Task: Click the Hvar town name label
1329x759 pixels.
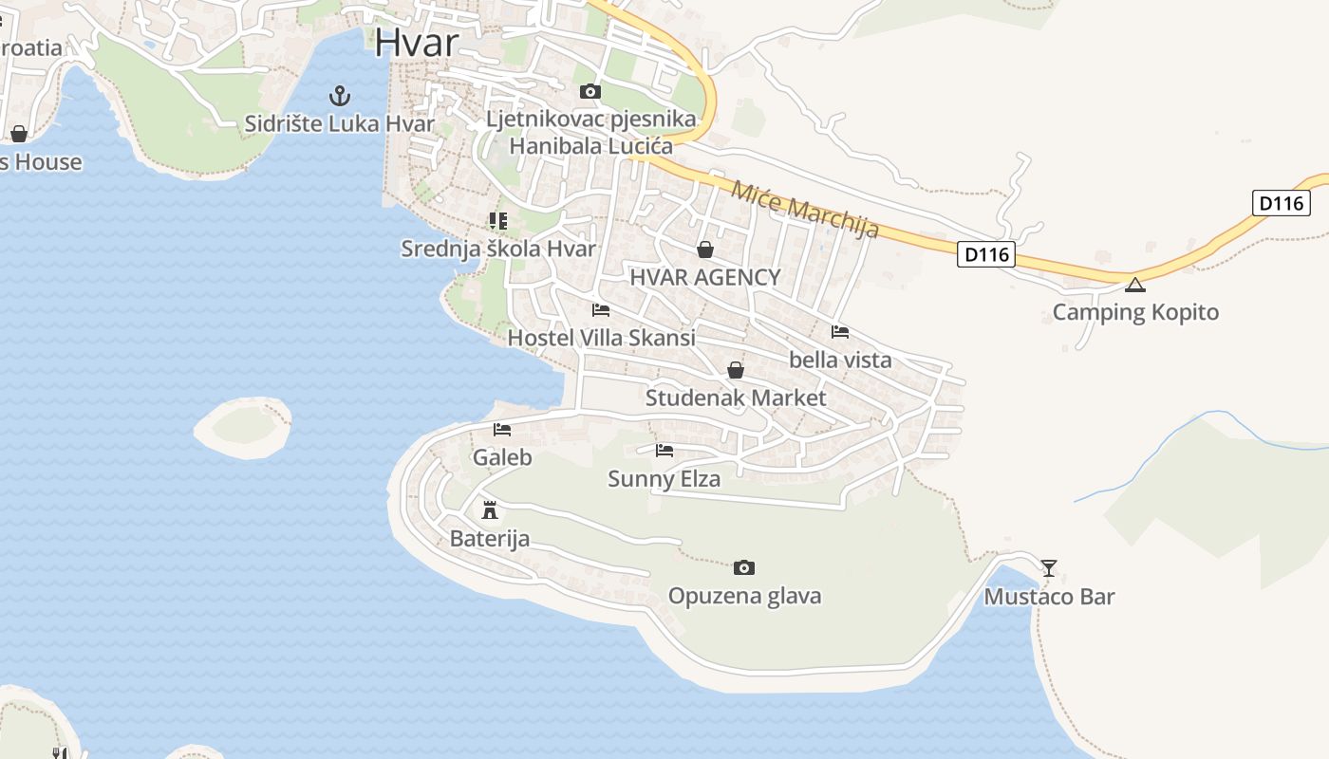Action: (417, 42)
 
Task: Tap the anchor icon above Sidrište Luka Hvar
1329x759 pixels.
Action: (339, 96)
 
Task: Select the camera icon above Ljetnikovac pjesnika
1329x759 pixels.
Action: (590, 92)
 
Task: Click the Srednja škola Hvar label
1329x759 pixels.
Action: (498, 249)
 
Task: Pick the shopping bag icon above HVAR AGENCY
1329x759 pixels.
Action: (705, 250)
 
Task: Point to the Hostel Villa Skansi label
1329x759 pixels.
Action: (601, 338)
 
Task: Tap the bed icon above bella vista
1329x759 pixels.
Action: (840, 332)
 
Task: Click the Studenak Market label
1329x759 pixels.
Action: (736, 398)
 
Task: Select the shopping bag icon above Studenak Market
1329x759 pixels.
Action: (736, 370)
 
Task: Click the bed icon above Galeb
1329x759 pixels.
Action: (502, 430)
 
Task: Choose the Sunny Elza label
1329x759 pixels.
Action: (664, 479)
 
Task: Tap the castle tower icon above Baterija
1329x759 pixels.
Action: (490, 510)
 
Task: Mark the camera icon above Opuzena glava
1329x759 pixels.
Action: (744, 567)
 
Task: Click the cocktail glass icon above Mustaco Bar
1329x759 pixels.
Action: (1048, 568)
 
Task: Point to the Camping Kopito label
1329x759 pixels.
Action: (1135, 312)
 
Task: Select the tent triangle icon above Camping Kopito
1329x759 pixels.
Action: (1135, 285)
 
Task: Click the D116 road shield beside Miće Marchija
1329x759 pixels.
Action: (986, 254)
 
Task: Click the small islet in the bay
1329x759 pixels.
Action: (243, 427)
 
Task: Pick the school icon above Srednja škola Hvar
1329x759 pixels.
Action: (498, 221)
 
